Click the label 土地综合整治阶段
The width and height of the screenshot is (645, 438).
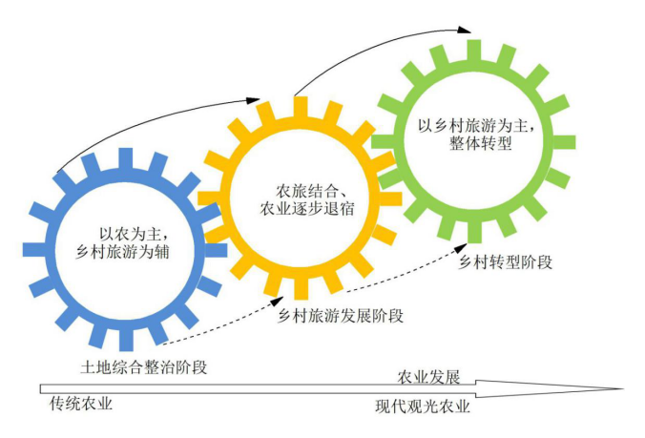click(144, 366)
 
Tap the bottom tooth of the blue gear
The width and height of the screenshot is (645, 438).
click(124, 335)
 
